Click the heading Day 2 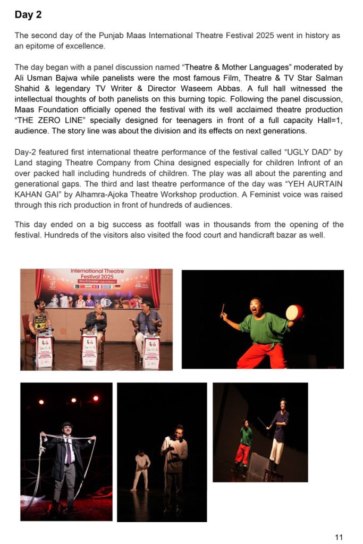tap(28, 15)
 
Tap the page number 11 tap(339, 537)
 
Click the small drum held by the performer tap(294, 312)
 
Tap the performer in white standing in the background tap(141, 468)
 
